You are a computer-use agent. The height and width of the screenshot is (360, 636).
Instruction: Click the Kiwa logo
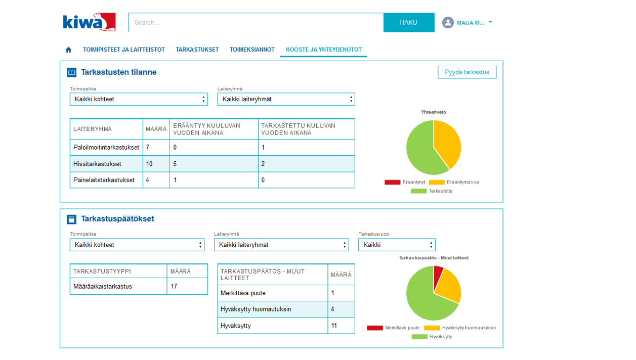(89, 22)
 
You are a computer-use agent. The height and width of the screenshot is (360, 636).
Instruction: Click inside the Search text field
(256, 23)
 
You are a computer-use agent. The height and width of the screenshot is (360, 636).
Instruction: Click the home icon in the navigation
(69, 50)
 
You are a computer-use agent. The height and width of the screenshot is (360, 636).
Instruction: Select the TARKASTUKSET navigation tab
(197, 50)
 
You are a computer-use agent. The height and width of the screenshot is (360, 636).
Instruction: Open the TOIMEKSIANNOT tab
(252, 50)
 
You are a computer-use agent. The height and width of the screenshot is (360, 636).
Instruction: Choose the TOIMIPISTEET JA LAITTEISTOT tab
(124, 50)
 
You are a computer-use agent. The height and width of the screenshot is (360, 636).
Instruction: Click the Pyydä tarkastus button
(467, 72)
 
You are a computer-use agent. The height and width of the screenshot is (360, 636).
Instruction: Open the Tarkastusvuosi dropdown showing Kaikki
(397, 245)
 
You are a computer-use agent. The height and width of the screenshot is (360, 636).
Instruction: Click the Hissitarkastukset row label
(97, 164)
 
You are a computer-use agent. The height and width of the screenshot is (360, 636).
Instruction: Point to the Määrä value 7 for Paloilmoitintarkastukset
(148, 148)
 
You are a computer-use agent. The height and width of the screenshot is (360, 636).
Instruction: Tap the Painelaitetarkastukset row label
(104, 180)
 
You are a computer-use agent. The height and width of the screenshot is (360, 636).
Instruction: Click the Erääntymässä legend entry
(453, 182)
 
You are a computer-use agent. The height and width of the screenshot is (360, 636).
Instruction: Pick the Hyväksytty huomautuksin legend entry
(460, 328)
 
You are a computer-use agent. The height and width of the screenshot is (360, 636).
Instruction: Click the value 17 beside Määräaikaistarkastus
(174, 286)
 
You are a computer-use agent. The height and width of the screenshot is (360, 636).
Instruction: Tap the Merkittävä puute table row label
(243, 293)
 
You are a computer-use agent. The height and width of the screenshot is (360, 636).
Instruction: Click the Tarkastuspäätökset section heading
(117, 219)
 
